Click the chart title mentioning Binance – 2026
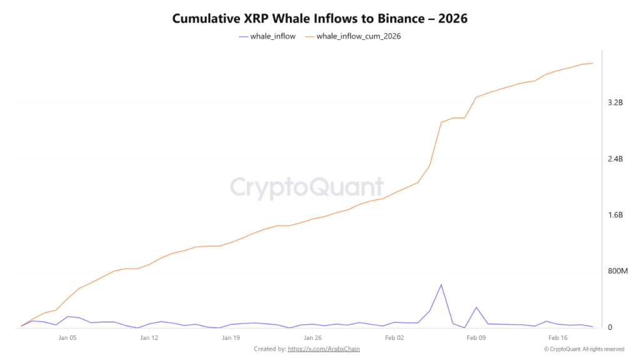click(x=319, y=19)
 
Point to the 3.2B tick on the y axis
click(x=615, y=102)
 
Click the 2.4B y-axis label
click(x=615, y=159)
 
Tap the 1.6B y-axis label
click(x=615, y=215)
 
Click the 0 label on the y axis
click(x=609, y=327)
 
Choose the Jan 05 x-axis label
click(x=67, y=337)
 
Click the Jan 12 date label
click(x=149, y=337)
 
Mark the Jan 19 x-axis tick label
click(x=231, y=337)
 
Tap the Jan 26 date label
click(x=312, y=337)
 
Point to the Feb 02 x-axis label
click(x=394, y=337)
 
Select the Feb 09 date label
click(x=476, y=337)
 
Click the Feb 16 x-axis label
click(x=558, y=337)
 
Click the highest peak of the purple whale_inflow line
click(x=441, y=285)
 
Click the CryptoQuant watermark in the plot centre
click(x=307, y=187)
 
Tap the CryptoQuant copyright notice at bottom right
click(x=583, y=349)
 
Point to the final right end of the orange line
click(x=592, y=63)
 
